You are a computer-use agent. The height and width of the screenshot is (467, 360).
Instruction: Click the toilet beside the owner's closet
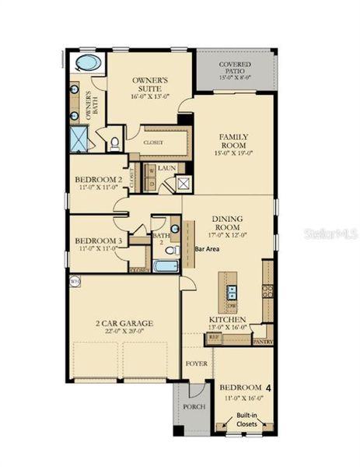click(x=114, y=142)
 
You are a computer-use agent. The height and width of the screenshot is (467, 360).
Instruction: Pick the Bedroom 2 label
click(x=98, y=179)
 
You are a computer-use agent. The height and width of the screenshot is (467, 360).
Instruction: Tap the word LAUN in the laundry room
click(x=167, y=167)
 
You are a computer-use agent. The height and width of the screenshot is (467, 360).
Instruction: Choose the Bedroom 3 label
click(x=98, y=241)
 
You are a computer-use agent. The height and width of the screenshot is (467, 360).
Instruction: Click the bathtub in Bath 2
click(x=165, y=266)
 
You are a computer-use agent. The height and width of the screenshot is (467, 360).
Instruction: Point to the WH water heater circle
click(x=75, y=281)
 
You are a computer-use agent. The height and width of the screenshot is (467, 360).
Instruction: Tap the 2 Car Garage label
click(x=124, y=322)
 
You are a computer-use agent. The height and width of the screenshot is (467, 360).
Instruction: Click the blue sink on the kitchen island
click(x=231, y=292)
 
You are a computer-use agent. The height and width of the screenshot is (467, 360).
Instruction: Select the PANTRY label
click(x=263, y=341)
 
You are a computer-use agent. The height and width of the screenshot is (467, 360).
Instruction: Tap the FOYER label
click(x=194, y=363)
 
